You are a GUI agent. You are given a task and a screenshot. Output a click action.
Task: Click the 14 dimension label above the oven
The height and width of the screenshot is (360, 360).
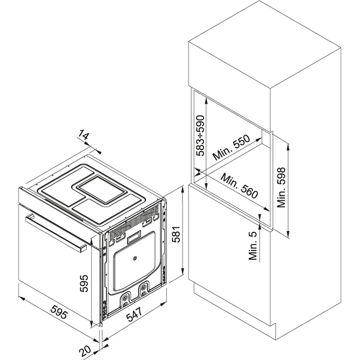[x=82, y=135]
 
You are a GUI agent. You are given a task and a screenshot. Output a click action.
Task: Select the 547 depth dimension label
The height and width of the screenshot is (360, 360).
[x=134, y=314]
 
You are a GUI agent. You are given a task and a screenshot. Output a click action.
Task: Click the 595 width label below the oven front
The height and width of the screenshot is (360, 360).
[x=59, y=311]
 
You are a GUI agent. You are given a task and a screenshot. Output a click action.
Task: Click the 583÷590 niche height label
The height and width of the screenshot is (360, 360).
[x=200, y=136]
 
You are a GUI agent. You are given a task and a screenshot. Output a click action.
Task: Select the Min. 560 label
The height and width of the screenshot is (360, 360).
[x=240, y=186]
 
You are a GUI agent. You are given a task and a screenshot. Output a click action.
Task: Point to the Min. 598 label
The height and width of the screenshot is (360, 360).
[x=281, y=188]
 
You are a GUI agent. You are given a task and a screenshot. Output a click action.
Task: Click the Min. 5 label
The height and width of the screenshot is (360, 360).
[x=253, y=246]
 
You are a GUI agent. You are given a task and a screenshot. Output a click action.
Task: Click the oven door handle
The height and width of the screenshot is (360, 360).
[x=56, y=233]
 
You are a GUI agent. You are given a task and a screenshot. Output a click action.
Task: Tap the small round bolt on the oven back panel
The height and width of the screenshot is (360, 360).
[x=134, y=259]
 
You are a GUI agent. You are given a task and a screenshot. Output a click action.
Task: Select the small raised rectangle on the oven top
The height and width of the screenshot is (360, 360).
[x=101, y=189]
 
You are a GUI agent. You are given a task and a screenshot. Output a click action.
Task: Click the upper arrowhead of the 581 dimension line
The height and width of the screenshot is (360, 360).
[x=183, y=189]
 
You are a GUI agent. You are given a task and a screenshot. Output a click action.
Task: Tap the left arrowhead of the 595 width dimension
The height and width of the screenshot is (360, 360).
[x=22, y=298]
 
